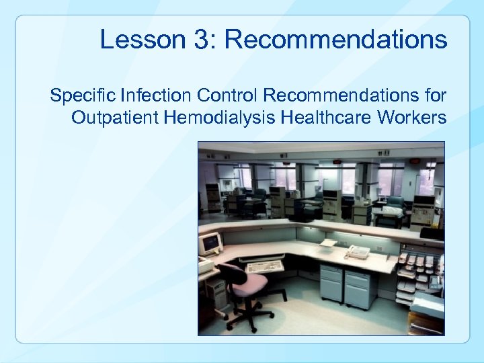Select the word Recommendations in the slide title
click(335, 40)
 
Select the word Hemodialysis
click(218, 118)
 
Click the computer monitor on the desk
click(210, 243)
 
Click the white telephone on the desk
click(357, 252)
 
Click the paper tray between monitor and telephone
click(328, 243)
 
